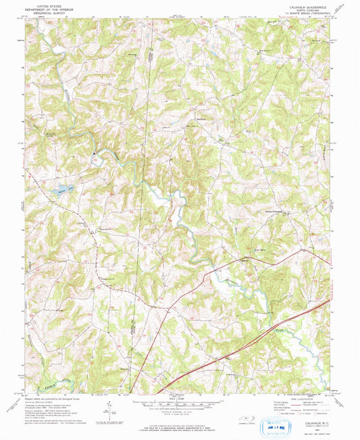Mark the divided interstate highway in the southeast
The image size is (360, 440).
pyautogui.click(x=284, y=328)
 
